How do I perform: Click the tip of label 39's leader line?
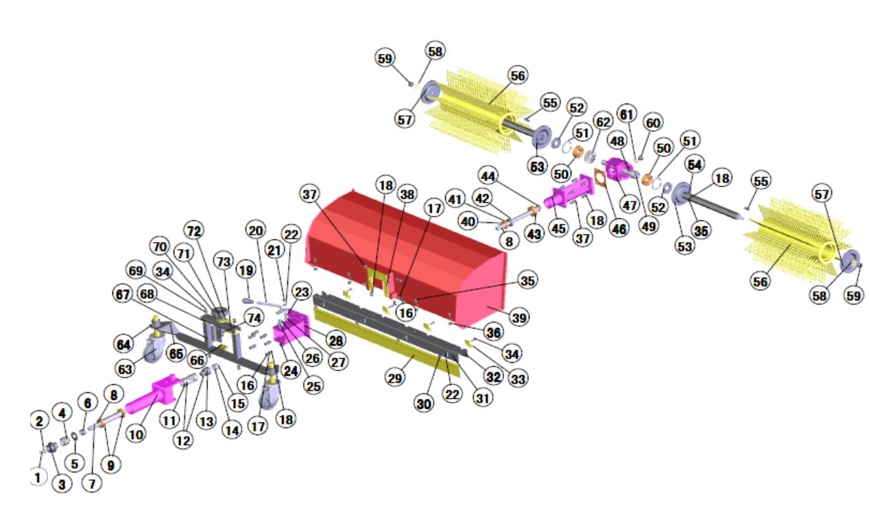[x=488, y=307]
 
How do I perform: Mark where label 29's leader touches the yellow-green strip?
[x=414, y=355]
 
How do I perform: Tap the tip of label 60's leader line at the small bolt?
[x=640, y=158]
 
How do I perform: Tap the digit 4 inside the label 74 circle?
[x=258, y=318]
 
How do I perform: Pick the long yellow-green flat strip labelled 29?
[x=387, y=342]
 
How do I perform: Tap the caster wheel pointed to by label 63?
[x=152, y=350]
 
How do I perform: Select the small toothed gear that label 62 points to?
[x=590, y=157]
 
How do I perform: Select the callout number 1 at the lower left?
[x=38, y=477]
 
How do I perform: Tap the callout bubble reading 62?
[x=603, y=122]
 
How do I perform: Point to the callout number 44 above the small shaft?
[x=488, y=176]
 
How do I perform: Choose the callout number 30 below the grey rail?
[x=424, y=404]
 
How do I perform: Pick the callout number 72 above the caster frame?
[x=194, y=231]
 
